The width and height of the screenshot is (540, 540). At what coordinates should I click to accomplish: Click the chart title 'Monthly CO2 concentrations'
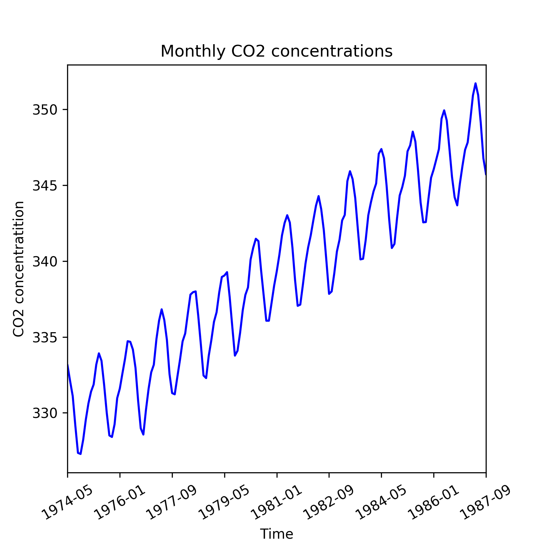[x=277, y=51]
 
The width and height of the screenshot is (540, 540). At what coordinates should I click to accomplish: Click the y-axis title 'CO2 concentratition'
[x=19, y=269]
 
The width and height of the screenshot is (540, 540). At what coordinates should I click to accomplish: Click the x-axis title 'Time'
[x=277, y=533]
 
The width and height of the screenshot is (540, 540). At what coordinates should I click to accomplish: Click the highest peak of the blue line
[x=476, y=83]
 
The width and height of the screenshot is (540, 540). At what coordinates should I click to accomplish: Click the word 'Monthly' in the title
[x=193, y=51]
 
